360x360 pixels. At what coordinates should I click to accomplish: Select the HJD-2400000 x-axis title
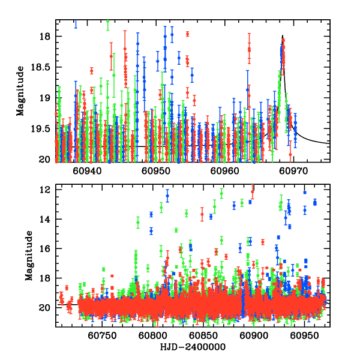click(193, 347)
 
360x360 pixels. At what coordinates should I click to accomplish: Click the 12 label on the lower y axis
click(45, 190)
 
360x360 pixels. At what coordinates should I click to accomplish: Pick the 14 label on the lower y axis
click(45, 219)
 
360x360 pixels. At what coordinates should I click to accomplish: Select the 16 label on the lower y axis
click(45, 248)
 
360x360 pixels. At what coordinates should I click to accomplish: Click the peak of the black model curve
click(282, 37)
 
